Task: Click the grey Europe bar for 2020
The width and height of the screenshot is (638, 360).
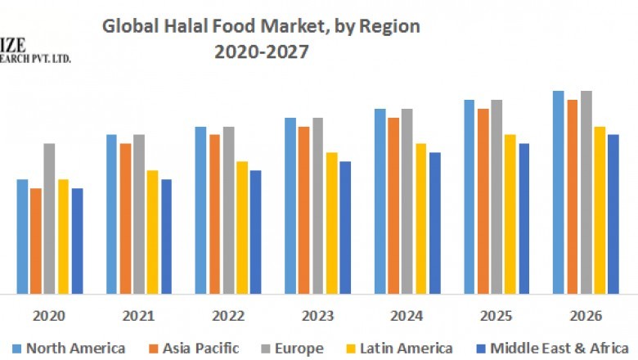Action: point(49,218)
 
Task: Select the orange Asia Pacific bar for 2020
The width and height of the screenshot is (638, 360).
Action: point(36,241)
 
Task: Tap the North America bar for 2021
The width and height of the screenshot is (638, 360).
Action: point(112,214)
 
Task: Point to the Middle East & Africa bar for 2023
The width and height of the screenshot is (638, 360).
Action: point(345,227)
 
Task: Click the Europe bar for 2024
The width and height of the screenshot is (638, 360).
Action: point(407,200)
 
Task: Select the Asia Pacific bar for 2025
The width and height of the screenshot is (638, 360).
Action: point(483,200)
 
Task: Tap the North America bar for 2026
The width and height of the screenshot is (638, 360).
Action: point(559,191)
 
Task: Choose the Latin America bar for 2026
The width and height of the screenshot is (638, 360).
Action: point(600,209)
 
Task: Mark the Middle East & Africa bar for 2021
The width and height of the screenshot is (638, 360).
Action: point(166,236)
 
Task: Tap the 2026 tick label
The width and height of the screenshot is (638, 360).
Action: point(585,316)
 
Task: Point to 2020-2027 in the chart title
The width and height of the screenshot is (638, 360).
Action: point(262,52)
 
